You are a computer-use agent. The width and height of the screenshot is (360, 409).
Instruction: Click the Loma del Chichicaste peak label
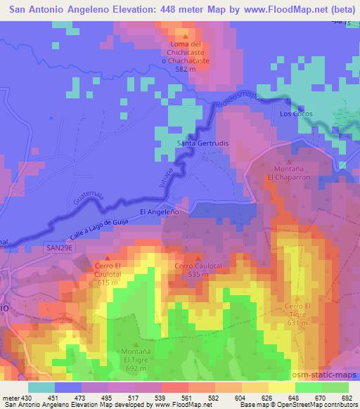click(186, 53)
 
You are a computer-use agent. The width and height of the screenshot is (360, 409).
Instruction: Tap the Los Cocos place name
click(295, 114)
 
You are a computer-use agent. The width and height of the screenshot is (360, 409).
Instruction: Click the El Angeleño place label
click(160, 212)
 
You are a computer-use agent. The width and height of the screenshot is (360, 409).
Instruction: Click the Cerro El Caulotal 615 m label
click(108, 274)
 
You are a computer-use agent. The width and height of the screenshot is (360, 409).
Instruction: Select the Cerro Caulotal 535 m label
click(198, 270)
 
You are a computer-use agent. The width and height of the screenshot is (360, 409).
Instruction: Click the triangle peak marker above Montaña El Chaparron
click(288, 161)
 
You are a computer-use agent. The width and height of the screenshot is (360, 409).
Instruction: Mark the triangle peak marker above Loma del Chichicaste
click(186, 36)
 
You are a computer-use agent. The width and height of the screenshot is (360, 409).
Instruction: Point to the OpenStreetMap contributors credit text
click(323, 405)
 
